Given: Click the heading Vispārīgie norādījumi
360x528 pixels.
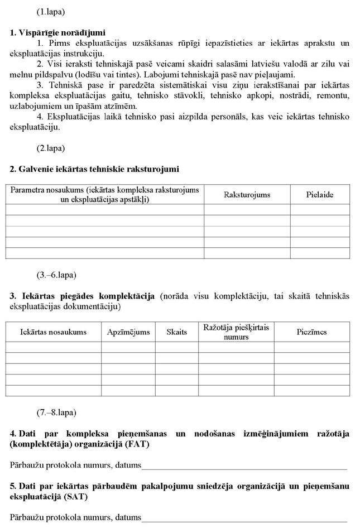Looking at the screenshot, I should [x=58, y=33].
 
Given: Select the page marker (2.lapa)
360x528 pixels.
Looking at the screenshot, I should [x=51, y=148].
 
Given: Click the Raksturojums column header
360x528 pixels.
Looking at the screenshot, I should [x=247, y=194].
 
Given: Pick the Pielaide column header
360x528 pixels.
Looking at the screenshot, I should [x=320, y=194].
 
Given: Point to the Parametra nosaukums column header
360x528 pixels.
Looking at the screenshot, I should [x=104, y=194].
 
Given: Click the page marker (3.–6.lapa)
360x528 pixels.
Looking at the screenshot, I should [x=56, y=275].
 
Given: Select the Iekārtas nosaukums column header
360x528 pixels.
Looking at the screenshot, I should [x=53, y=332].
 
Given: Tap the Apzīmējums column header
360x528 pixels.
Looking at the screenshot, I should [x=128, y=332].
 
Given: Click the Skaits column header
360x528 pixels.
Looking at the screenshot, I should [x=177, y=332].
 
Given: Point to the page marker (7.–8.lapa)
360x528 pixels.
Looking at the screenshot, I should [x=56, y=412].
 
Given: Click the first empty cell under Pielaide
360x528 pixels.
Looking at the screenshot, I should [x=320, y=209].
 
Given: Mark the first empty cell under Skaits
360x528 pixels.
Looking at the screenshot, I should [x=177, y=347].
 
